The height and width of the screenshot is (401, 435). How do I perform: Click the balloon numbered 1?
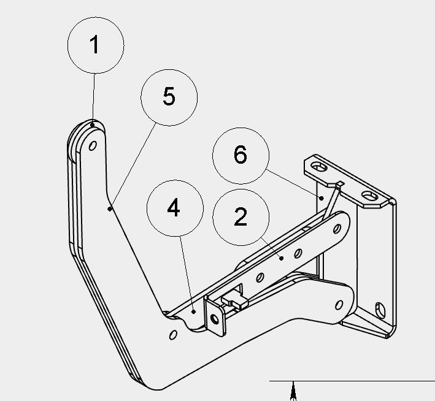96,45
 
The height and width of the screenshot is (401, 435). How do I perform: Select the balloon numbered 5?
169,97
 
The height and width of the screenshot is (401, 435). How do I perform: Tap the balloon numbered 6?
241,156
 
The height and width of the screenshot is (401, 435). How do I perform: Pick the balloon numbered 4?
175,208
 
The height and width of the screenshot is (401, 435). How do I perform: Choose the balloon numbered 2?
241,218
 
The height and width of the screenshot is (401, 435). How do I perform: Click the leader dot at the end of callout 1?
93,125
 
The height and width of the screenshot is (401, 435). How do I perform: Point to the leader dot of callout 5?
110,209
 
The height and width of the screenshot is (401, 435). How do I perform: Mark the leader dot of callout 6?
321,198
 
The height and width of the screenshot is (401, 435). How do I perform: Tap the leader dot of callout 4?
194,311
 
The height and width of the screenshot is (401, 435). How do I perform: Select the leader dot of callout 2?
282,258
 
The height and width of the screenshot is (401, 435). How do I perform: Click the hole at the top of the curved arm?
93,145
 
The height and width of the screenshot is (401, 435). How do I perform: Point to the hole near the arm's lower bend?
173,335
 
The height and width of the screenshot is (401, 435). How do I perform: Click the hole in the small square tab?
215,319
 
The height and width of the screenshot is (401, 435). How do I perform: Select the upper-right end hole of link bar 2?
337,229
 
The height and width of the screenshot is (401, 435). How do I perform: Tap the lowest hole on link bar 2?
260,277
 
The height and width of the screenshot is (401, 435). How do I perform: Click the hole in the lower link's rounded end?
339,305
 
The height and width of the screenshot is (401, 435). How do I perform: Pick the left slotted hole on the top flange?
319,167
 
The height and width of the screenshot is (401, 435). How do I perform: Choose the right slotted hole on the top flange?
370,197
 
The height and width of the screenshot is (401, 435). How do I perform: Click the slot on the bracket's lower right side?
380,310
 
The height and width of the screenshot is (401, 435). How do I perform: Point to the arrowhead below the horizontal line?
293,391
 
